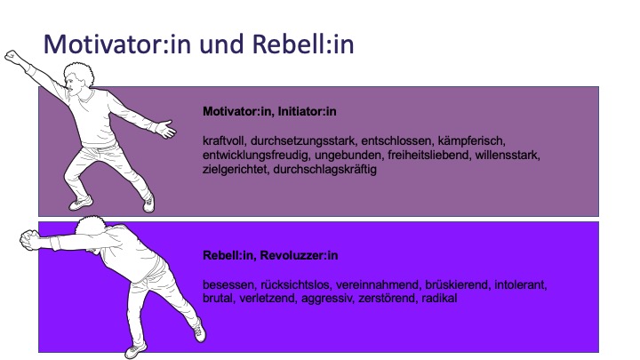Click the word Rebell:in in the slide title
pyautogui.click(x=303, y=44)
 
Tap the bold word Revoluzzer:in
pyautogui.click(x=299, y=255)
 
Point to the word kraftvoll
pyautogui.click(x=224, y=140)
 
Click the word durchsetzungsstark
pyautogui.click(x=303, y=140)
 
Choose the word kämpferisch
pyautogui.click(x=471, y=140)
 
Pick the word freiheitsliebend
pyautogui.click(x=428, y=155)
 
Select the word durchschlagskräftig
pyautogui.click(x=325, y=170)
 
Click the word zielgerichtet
pyautogui.click(x=235, y=170)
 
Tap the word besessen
pyautogui.click(x=229, y=284)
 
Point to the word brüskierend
pyautogui.click(x=457, y=284)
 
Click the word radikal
pyautogui.click(x=439, y=298)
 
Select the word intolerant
pyautogui.click(x=520, y=284)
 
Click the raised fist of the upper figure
pyautogui.click(x=12, y=57)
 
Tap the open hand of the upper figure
pyautogui.click(x=166, y=129)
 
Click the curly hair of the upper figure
pyautogui.click(x=80, y=73)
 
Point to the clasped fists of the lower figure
pyautogui.click(x=29, y=239)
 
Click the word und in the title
pyautogui.click(x=221, y=44)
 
